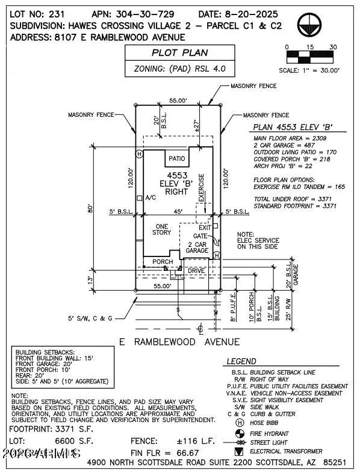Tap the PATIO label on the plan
point(177,159)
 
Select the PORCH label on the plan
point(162,262)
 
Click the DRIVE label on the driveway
point(196,270)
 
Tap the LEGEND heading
point(241,361)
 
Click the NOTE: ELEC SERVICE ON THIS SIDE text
point(258,240)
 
